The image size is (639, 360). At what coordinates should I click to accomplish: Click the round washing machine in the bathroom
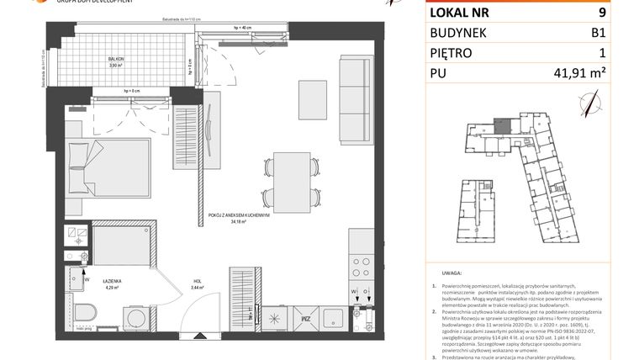point(134,315)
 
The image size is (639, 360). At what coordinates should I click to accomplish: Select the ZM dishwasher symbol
point(307,319)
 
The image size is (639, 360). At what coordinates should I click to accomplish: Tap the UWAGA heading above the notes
point(449,274)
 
